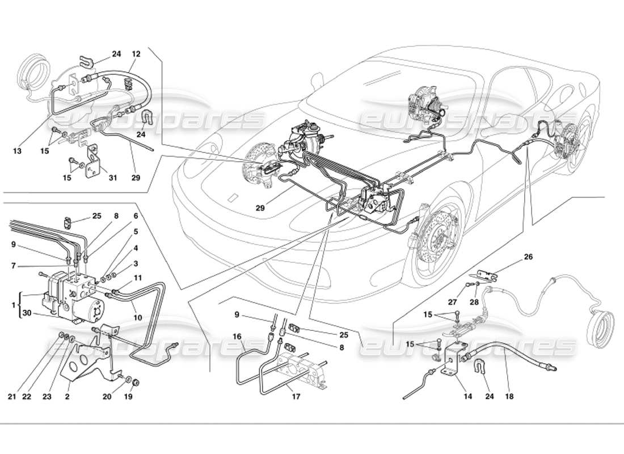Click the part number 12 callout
tap(136, 54)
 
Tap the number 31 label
tap(113, 178)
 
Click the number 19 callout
tap(128, 397)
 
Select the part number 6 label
tap(136, 216)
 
